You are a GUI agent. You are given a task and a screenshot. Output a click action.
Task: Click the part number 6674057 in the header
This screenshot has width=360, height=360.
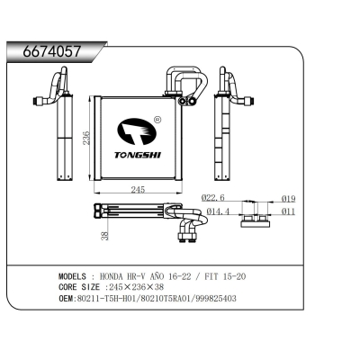(x=45, y=53)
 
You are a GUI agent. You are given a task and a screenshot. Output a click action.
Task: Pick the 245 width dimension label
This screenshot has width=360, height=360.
(x=138, y=190)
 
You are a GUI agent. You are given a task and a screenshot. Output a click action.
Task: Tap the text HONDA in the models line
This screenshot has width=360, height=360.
(x=113, y=275)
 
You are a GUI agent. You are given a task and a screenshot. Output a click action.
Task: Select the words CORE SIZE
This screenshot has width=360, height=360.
(x=82, y=286)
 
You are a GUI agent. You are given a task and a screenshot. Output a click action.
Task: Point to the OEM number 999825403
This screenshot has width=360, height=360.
(x=212, y=297)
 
